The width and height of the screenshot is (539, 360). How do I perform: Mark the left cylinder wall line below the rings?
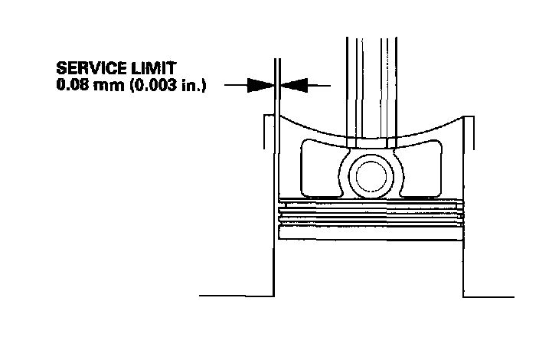tap(275, 260)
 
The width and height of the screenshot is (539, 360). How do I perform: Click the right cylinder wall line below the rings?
tap(464, 260)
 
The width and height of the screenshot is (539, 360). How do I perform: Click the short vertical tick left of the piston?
tap(265, 134)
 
